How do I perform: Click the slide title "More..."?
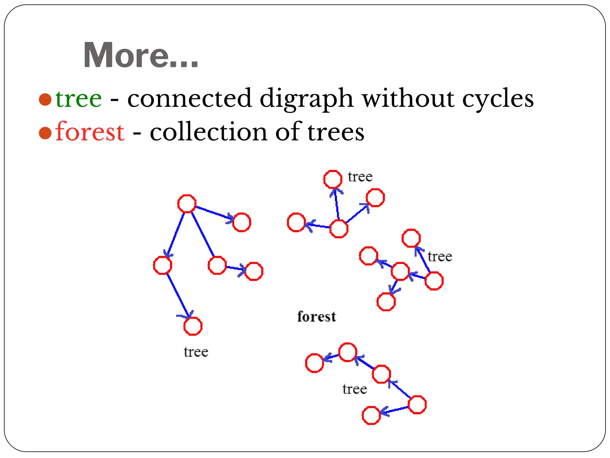coord(141,55)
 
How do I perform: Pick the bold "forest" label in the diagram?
coord(317,317)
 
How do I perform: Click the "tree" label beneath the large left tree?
coord(196,352)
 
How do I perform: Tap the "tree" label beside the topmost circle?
coord(360,177)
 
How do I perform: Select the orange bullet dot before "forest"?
coord(45,133)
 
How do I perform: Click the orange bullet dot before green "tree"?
coord(45,99)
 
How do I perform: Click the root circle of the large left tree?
coord(187,204)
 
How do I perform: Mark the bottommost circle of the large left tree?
coord(193,326)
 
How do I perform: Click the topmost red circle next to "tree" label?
coord(333,179)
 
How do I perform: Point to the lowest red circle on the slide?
coord(371,415)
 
